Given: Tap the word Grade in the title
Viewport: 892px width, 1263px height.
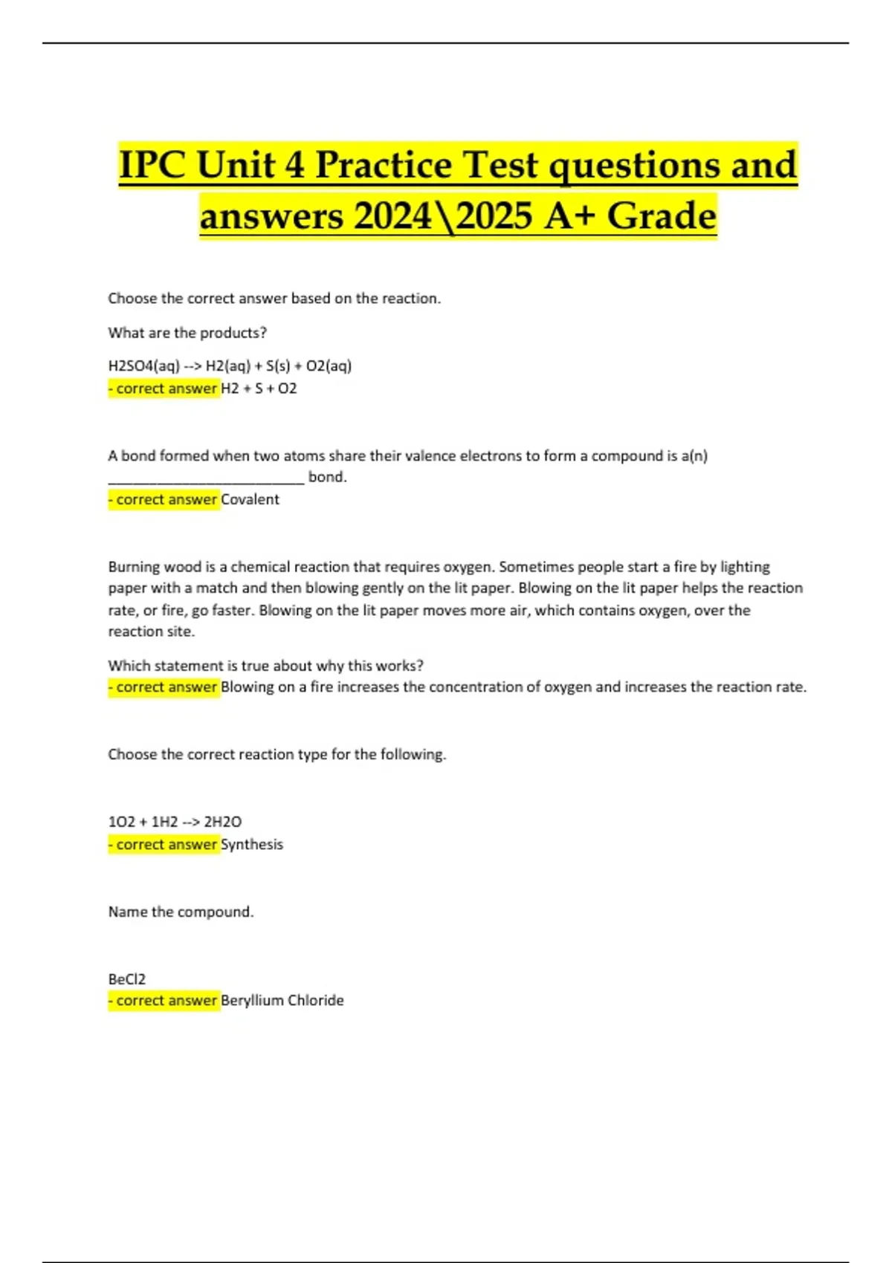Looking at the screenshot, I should point(661,217).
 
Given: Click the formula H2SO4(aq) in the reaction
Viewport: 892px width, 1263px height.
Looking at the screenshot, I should point(144,366).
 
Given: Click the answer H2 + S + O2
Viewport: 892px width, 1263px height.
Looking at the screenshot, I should point(259,389).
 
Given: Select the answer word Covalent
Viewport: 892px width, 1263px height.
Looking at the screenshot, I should point(250,499).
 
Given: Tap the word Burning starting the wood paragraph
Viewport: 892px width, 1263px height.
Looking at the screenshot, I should point(134,567).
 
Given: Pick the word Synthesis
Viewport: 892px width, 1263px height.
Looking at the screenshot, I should point(252,845).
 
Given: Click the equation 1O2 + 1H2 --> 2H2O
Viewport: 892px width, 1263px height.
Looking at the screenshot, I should point(175,822).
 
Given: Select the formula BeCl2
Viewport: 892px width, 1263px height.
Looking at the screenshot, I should point(127,979).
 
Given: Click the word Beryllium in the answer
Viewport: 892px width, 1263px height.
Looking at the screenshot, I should point(252,1001).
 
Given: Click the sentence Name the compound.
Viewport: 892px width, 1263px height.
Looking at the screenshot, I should point(181,912).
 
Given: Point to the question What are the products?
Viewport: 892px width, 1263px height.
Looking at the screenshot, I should point(187,333).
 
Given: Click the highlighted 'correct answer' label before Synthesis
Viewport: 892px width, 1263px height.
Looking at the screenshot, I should point(164,845).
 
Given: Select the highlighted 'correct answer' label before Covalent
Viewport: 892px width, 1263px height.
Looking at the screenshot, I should point(164,499).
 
